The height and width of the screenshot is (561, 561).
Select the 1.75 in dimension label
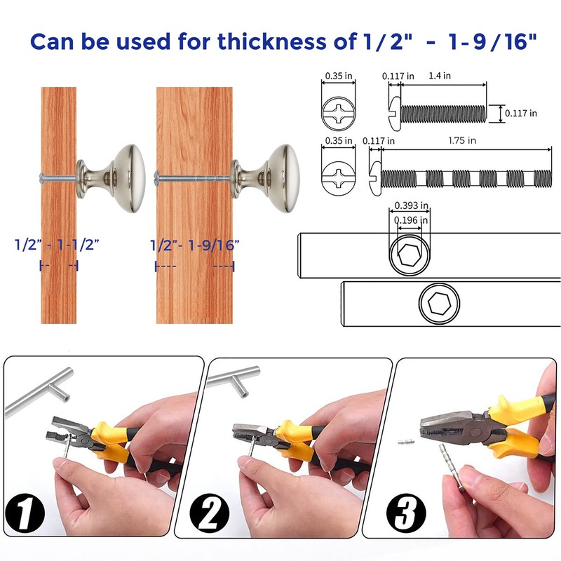pyautogui.click(x=463, y=141)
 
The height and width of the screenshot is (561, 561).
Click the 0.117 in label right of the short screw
pyautogui.click(x=522, y=113)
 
